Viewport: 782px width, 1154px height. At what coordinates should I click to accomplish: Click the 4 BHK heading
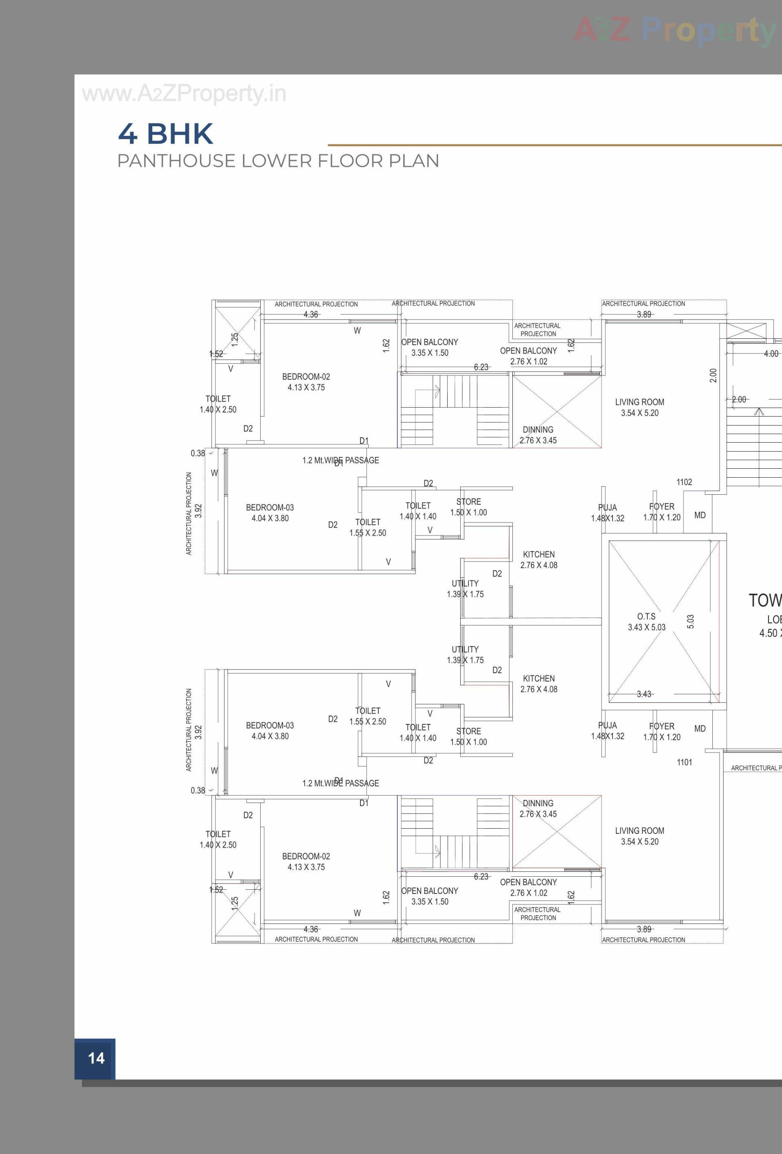165,134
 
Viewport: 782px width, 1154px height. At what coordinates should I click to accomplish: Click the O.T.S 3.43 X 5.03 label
646,622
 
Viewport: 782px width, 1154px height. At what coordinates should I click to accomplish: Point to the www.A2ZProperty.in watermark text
184,94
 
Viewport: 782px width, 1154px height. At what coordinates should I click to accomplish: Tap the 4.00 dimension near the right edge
771,353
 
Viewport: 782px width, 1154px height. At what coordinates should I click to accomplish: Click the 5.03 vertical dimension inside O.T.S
690,622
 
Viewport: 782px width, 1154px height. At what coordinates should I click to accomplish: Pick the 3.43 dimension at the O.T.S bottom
644,694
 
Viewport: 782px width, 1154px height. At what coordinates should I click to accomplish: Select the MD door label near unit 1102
700,516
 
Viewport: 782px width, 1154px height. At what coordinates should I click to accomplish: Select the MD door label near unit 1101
700,728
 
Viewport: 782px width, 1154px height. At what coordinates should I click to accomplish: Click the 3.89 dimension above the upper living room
644,314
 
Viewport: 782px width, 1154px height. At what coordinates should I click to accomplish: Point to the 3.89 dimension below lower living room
644,929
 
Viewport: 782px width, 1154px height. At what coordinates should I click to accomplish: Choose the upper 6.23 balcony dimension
481,367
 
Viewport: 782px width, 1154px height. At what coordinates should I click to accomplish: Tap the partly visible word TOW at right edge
765,601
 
